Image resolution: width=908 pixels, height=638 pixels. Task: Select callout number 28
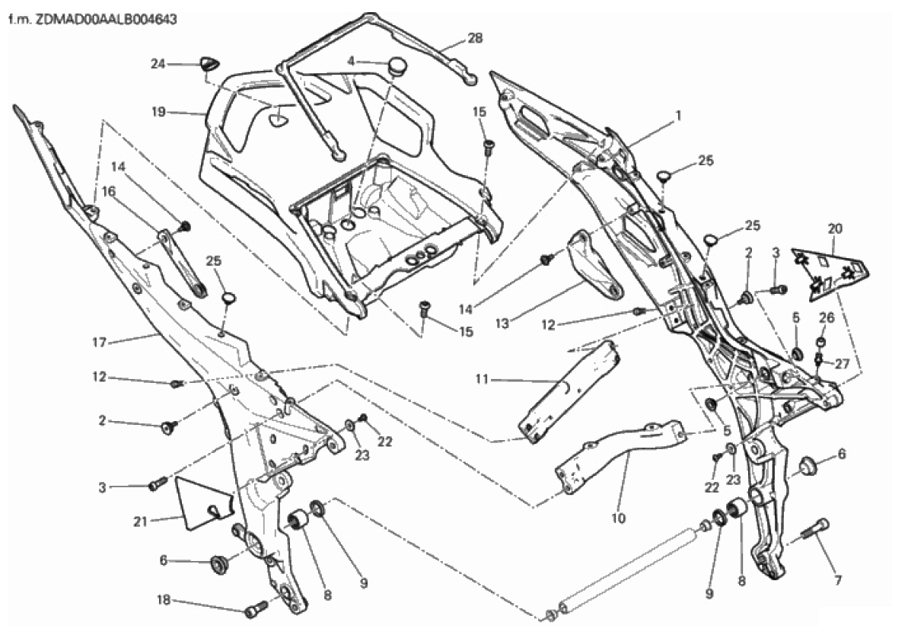coord(475,37)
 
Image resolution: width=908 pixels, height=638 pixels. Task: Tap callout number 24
coord(158,65)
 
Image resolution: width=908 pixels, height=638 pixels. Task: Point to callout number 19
coord(158,111)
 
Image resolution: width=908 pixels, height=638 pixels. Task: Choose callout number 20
coord(835,228)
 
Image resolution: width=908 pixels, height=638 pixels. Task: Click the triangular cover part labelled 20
coord(830,271)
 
